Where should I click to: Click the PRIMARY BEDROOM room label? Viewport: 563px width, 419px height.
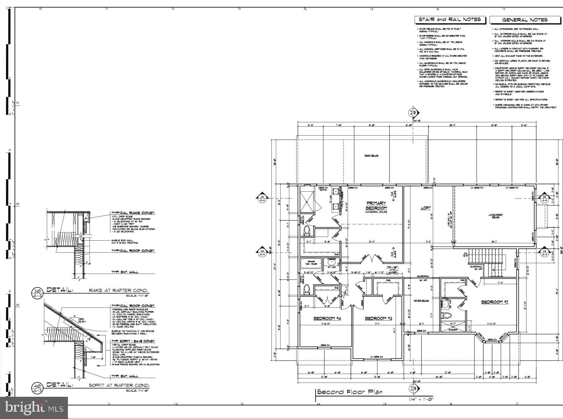[376, 206]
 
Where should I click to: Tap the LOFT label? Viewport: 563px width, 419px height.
[425, 208]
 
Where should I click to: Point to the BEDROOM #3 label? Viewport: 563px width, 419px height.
[378, 318]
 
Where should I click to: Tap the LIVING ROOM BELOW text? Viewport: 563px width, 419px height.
[495, 216]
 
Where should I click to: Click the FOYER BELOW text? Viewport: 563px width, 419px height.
[421, 301]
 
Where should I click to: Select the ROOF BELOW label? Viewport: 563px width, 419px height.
[372, 155]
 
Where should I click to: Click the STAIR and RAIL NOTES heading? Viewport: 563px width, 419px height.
[450, 20]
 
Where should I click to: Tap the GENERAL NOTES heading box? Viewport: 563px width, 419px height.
[525, 20]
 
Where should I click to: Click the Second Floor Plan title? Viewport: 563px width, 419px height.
[350, 392]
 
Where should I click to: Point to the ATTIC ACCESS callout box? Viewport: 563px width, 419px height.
[392, 269]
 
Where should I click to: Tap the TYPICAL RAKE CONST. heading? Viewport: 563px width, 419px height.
[133, 213]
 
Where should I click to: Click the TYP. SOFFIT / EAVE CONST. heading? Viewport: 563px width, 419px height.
[133, 341]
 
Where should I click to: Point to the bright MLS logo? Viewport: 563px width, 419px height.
[34, 407]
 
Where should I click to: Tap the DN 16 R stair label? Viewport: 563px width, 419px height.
[466, 255]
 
